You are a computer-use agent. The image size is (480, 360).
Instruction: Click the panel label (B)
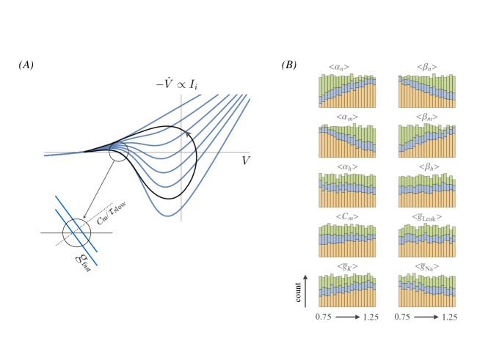[289, 65]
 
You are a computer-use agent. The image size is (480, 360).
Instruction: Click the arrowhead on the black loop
[189, 133]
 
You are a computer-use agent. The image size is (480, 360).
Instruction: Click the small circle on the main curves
[117, 153]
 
